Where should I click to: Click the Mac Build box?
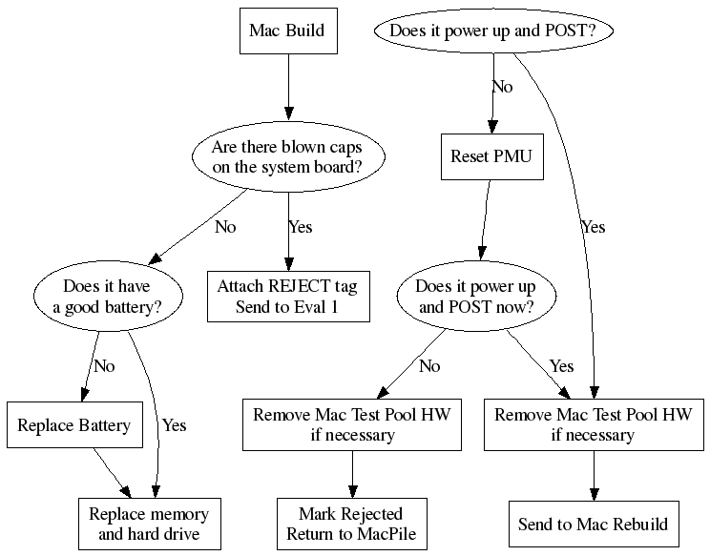click(286, 31)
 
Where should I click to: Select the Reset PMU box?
click(492, 158)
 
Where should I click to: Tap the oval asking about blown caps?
click(286, 158)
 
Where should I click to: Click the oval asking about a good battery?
click(106, 296)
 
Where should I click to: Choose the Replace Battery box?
click(73, 424)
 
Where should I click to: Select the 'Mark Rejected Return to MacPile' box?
click(351, 524)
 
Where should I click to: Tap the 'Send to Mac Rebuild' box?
click(593, 524)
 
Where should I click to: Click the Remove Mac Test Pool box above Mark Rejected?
click(351, 424)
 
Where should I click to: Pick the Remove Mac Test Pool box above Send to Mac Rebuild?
click(593, 424)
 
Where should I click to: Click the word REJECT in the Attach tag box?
click(296, 286)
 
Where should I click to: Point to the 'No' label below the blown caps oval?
click(225, 227)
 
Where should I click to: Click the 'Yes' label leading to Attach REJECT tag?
click(300, 227)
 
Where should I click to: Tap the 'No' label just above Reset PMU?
click(502, 87)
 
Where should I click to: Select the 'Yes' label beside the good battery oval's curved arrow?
click(174, 425)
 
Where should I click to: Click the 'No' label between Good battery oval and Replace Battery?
click(104, 365)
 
